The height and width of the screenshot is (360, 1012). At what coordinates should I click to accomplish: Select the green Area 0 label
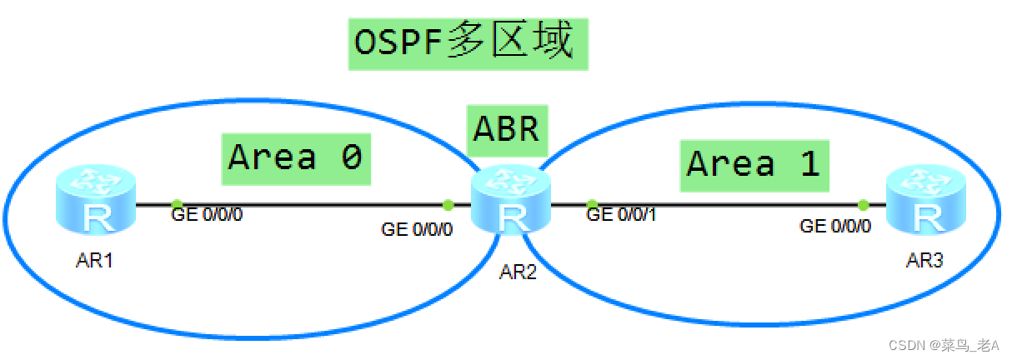coord(295,157)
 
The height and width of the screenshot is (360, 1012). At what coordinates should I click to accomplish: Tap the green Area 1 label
coord(754,164)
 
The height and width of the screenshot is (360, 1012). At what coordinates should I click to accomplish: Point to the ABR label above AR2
coord(507,130)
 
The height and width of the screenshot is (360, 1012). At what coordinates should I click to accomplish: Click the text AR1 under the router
coord(94,261)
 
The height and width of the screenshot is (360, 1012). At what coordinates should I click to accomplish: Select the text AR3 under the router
coord(924,261)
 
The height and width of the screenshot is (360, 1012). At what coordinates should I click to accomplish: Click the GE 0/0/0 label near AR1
coord(207,215)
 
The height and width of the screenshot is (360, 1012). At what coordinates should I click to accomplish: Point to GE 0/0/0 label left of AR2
coord(417,228)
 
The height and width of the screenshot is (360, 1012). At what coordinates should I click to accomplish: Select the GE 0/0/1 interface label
coord(622,215)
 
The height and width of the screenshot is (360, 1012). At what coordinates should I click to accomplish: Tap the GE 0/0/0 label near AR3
coord(835,225)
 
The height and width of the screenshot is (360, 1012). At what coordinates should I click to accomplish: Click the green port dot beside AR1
coord(177,204)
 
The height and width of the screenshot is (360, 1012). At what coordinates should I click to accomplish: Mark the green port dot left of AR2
coord(448,204)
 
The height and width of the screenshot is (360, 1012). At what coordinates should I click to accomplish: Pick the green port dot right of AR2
coord(592,204)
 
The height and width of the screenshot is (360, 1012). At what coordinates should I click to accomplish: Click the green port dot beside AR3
coord(863,204)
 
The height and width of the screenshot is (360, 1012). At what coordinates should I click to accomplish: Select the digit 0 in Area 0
coord(351,157)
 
